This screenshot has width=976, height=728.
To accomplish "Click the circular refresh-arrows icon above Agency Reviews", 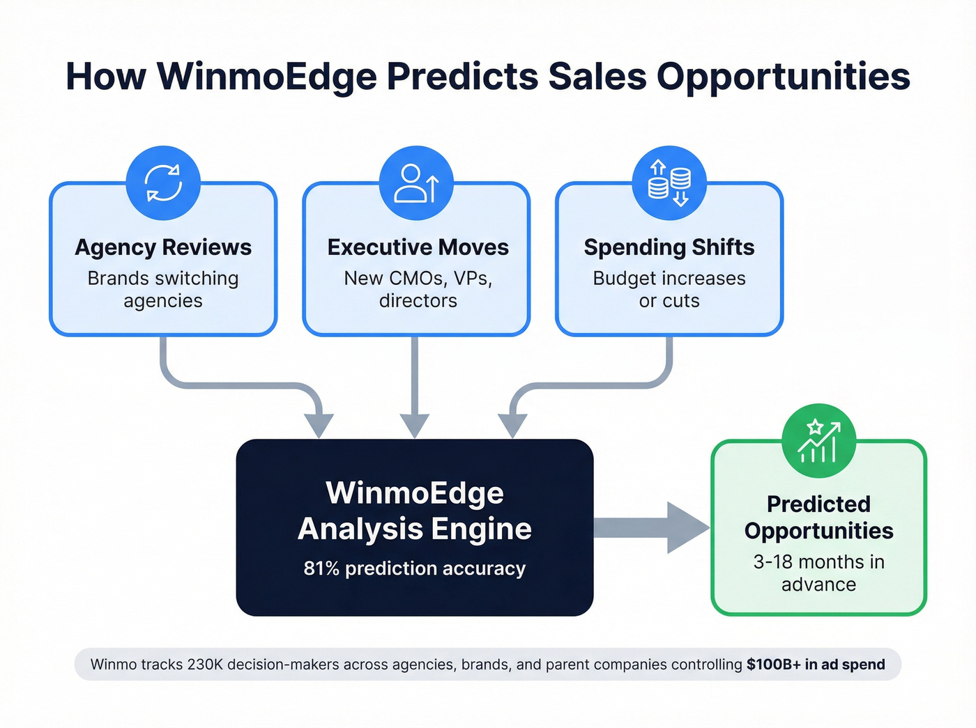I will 163,183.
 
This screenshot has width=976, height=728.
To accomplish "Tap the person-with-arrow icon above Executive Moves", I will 416,183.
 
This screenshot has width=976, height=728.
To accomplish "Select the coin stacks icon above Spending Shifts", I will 669,183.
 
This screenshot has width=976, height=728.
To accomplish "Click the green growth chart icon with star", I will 818,441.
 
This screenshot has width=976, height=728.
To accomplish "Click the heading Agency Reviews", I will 163,247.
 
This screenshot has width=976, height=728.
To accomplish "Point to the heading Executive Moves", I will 418,247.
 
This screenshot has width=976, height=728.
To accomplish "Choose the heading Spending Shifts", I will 669,247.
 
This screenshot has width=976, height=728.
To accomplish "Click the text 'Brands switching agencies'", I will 163,289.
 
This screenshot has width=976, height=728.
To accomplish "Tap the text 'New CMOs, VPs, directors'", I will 418,289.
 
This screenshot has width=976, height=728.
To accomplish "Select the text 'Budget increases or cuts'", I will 669,289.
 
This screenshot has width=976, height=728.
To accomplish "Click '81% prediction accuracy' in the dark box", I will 415,568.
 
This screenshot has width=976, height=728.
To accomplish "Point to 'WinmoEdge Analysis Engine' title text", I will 415,511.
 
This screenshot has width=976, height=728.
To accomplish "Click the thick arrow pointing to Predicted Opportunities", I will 652,527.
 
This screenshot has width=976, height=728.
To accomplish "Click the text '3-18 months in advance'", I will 818,573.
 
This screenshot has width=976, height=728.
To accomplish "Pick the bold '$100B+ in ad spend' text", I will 816,665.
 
